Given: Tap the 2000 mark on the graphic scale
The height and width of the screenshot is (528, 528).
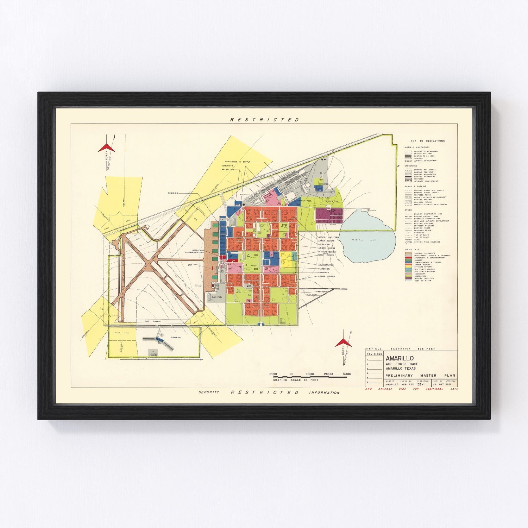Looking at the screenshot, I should [x=328, y=374].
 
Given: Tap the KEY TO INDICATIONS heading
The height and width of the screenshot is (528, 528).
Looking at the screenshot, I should [x=427, y=141].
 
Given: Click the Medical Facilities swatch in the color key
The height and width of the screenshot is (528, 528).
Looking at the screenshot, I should [x=408, y=278].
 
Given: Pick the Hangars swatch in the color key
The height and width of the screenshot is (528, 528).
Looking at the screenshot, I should [x=408, y=260].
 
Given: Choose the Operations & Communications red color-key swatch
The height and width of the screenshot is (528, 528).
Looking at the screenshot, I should [x=408, y=258].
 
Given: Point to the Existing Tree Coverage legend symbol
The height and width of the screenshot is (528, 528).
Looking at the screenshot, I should [x=408, y=242].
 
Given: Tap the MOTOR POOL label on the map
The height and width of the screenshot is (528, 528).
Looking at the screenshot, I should [x=304, y=200].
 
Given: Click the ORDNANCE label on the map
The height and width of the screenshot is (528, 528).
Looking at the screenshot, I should [x=324, y=184].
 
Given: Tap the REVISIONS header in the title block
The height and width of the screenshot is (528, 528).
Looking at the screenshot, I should [x=374, y=354].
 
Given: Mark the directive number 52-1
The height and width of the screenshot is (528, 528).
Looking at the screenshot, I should [x=422, y=384].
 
